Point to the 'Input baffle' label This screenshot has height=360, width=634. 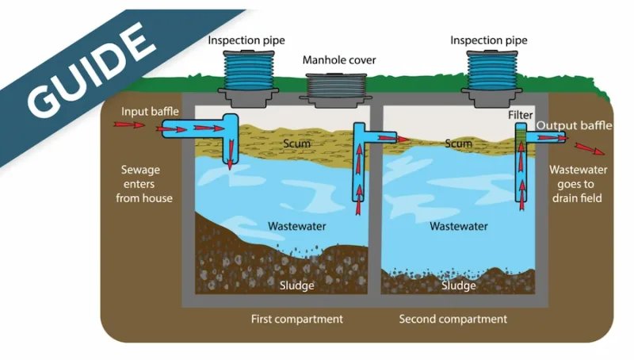click(151, 110)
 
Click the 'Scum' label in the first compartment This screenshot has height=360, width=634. click(296, 144)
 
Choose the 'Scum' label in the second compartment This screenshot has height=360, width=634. click(458, 144)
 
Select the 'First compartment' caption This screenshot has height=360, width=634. click(296, 320)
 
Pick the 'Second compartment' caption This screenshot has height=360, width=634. click(453, 320)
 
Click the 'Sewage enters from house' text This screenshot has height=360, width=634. click(144, 183)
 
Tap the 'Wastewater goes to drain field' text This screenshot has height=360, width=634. click(575, 183)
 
